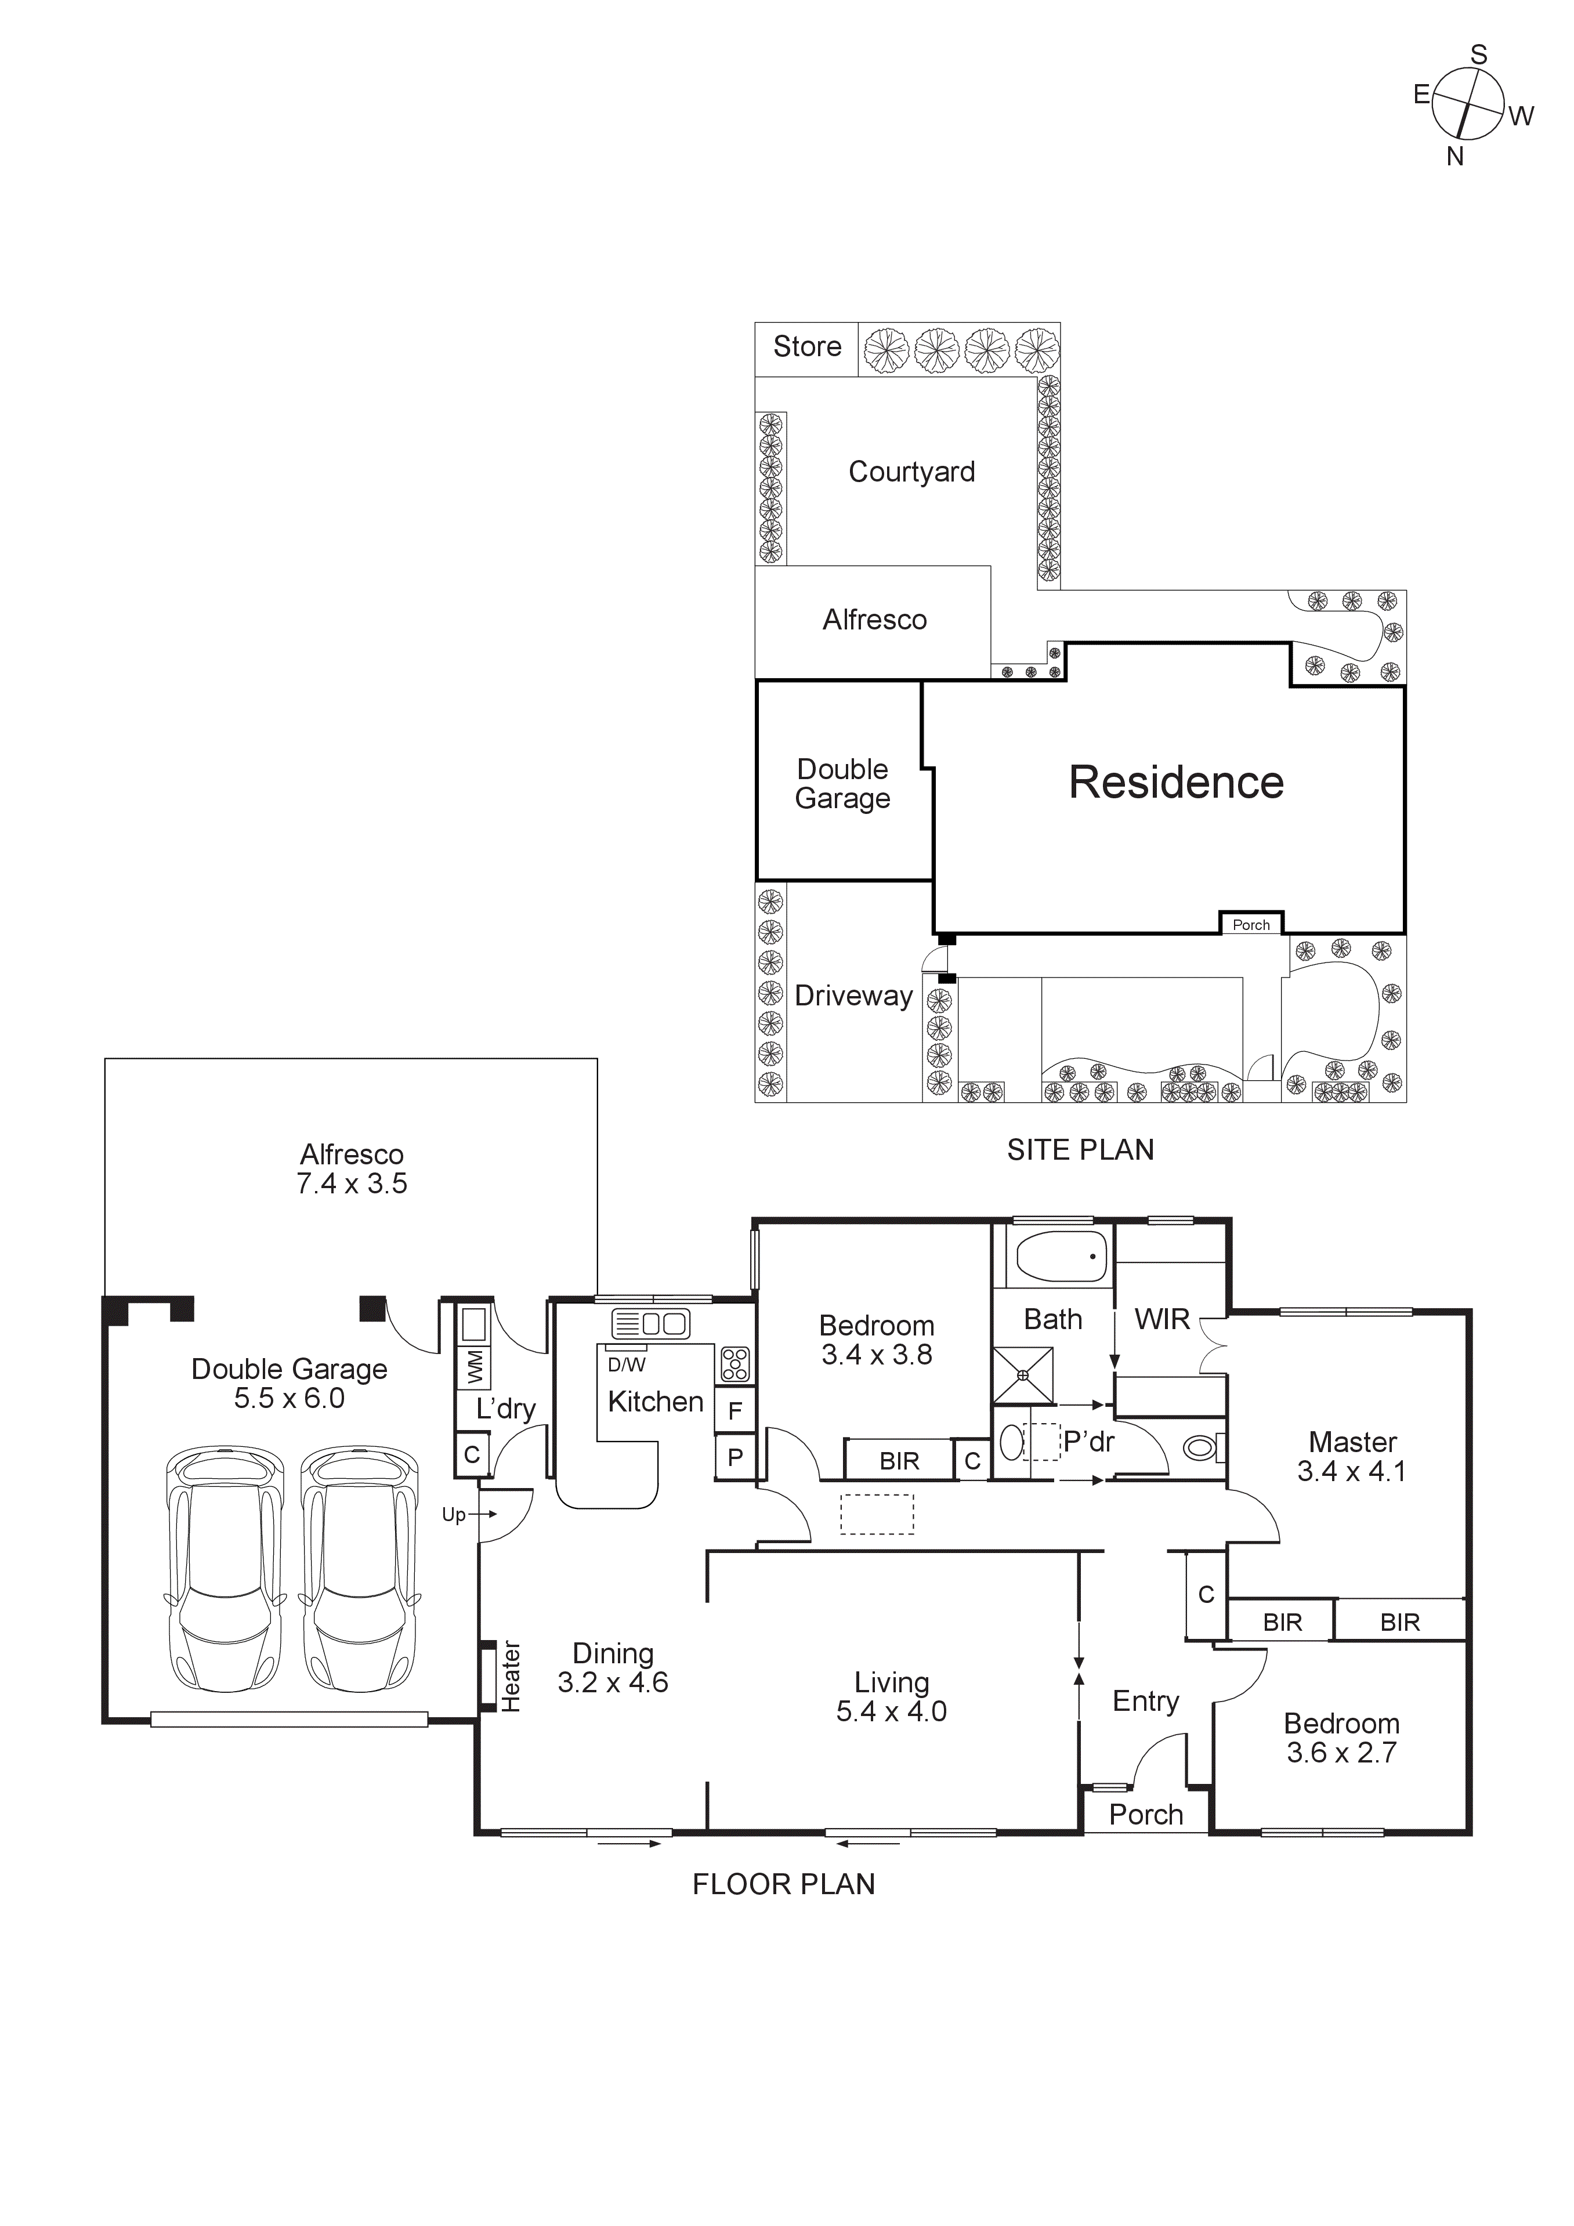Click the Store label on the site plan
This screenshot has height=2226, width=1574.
coord(807,347)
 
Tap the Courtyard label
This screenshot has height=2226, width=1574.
coord(911,472)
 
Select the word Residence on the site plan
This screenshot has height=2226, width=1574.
coord(1175,783)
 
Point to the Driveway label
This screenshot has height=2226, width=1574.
coord(853,996)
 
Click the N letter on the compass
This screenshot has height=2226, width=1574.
coord(1454,157)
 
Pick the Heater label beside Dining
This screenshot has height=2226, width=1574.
coord(510,1676)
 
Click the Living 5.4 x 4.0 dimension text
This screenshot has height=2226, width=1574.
coord(891,1711)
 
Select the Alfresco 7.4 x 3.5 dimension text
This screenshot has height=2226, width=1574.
coord(351,1183)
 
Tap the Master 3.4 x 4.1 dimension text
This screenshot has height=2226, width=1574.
coord(1352,1471)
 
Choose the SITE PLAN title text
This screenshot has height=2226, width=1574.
coord(1080,1150)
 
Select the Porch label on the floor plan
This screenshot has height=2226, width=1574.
coord(1145,1814)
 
